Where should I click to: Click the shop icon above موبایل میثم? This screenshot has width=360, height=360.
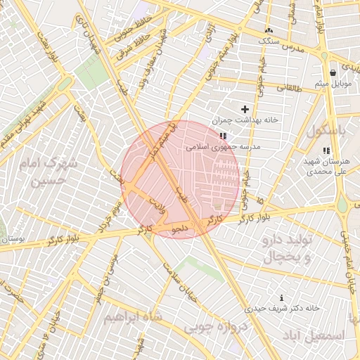point(333,72)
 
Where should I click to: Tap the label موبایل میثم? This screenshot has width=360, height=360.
point(332,84)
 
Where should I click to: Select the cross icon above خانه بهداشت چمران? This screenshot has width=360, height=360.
point(245,109)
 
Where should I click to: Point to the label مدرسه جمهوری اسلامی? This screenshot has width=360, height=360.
point(223,147)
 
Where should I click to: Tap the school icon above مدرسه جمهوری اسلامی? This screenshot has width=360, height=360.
point(223,136)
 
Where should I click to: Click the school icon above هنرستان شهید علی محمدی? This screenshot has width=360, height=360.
point(325,150)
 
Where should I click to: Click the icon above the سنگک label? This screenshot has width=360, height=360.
point(268,31)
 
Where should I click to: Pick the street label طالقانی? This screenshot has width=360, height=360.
point(292,88)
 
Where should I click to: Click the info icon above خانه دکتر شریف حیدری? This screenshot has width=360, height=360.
point(282,298)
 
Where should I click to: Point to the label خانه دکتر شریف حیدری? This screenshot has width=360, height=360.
point(282,309)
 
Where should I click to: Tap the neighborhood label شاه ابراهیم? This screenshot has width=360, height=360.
point(133,317)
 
